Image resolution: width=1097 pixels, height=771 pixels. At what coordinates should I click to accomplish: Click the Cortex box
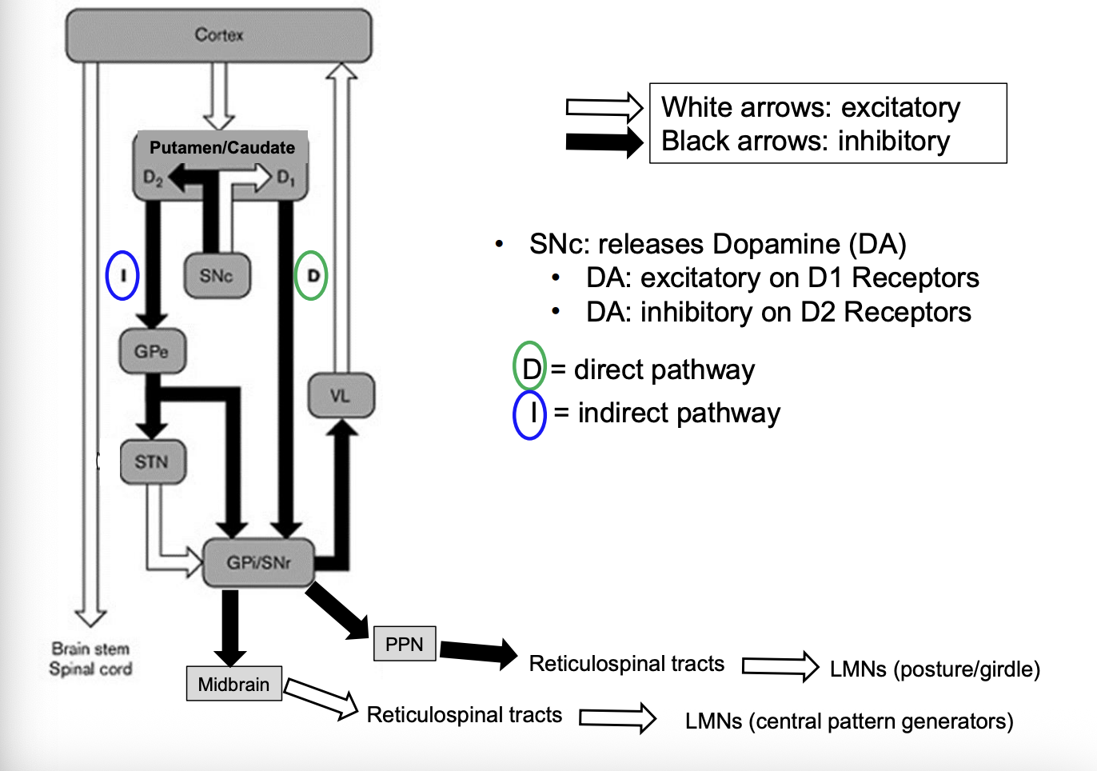click(x=218, y=35)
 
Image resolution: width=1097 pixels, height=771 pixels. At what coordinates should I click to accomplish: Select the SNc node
click(x=217, y=276)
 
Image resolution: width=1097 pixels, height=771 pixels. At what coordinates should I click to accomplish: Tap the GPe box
click(x=152, y=351)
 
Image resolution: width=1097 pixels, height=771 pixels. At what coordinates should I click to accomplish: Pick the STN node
click(x=152, y=462)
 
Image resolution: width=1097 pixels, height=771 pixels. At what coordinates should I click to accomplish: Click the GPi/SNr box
click(x=258, y=563)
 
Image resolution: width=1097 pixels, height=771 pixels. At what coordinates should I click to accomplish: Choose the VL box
click(x=341, y=395)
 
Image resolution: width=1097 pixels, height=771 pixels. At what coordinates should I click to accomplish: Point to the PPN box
click(x=405, y=644)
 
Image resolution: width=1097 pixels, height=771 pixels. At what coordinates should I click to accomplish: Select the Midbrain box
click(x=233, y=684)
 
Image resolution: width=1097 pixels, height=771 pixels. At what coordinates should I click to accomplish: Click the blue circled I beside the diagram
click(x=122, y=275)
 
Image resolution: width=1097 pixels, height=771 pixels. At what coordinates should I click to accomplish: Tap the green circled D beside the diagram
click(x=311, y=275)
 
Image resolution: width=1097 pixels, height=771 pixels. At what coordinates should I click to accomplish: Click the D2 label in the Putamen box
click(x=152, y=178)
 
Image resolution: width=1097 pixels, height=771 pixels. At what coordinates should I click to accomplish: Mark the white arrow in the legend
click(x=604, y=107)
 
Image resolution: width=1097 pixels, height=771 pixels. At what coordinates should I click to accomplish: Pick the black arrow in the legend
click(x=604, y=142)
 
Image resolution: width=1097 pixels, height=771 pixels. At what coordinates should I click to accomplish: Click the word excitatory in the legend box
click(x=900, y=107)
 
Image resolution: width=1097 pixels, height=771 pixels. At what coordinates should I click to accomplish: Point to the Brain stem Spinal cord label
click(x=90, y=659)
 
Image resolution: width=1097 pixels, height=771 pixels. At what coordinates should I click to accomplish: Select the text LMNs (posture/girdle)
click(x=935, y=669)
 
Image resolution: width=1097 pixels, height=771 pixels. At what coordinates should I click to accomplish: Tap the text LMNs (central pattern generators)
click(x=849, y=721)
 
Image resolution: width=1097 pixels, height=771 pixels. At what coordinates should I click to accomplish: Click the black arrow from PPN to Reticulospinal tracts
click(x=478, y=653)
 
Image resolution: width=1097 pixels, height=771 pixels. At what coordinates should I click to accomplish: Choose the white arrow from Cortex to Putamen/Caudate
click(x=219, y=96)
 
